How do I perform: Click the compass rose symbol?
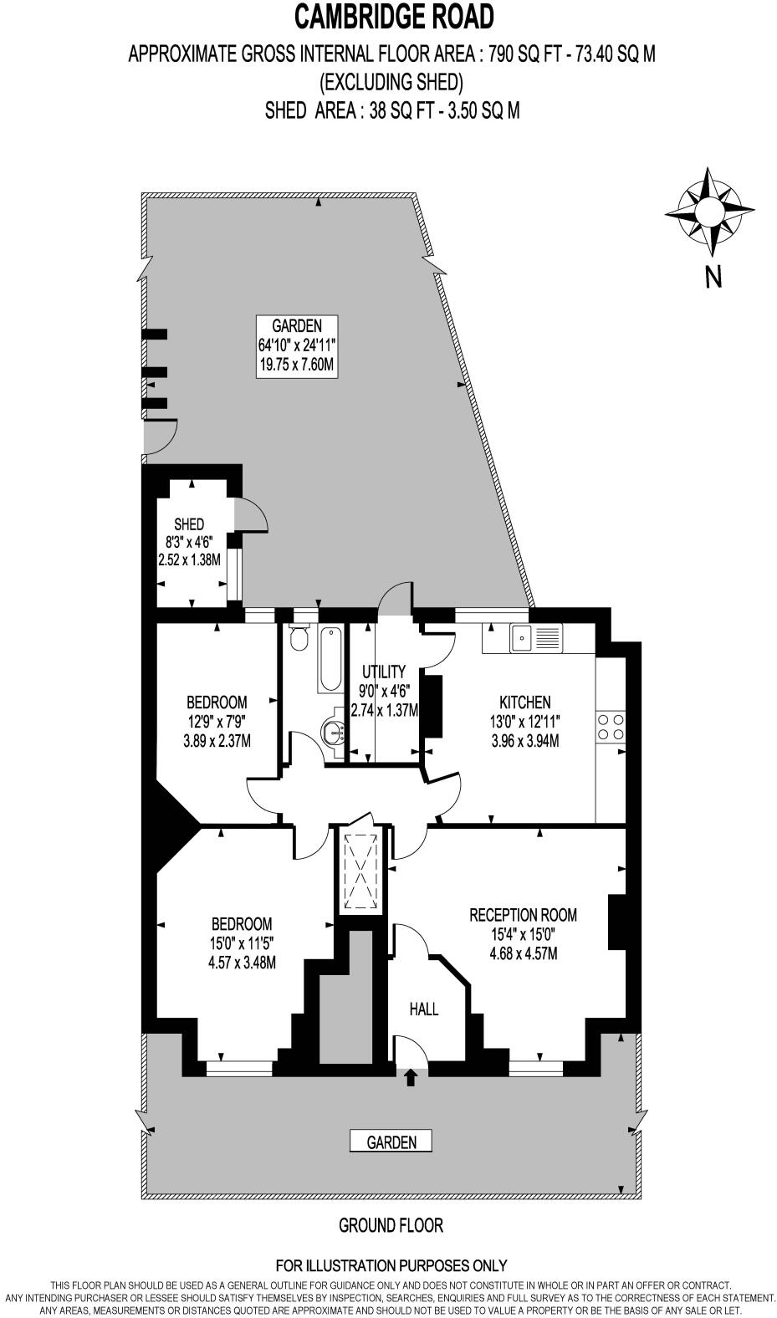coord(710,212)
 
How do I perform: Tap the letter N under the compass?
coord(713,277)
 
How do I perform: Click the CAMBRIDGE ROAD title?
coord(392,16)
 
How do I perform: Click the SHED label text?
coord(189,524)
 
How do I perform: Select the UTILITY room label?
coord(383,672)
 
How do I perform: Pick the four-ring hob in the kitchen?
coord(611,726)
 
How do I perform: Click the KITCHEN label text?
coord(524,702)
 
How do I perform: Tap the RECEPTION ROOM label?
coord(523,915)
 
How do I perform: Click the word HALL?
coord(424,1009)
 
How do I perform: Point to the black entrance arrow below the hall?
coord(411,1078)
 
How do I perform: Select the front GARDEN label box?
coord(391,1142)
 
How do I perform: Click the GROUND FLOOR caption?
coord(391,1225)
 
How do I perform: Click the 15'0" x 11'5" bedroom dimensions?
coord(242,943)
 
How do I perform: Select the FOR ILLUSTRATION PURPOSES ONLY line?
coord(391,1266)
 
